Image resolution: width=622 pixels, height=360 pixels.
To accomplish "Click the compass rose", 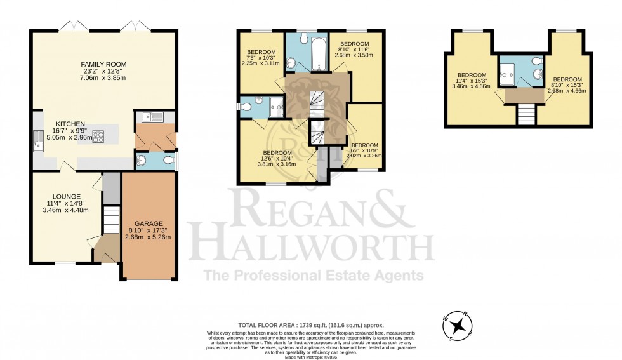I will point(457,326).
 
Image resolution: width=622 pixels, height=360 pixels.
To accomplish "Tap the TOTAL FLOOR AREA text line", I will point(311,324).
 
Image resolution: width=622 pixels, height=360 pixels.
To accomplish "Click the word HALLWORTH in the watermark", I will point(312,246).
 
